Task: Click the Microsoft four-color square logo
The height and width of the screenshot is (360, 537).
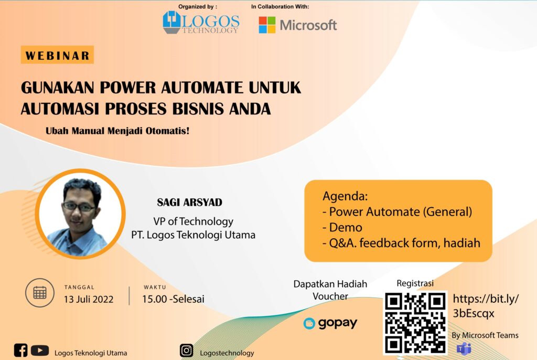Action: point(267,25)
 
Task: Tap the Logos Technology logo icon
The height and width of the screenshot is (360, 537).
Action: point(171,22)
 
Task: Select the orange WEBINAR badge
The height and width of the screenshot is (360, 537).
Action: point(57,55)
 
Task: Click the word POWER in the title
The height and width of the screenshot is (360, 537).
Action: point(128,88)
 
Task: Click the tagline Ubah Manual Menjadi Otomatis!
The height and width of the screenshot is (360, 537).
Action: point(117,131)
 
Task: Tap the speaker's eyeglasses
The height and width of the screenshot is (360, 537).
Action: point(79,206)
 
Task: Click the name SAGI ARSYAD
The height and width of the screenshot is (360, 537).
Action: point(189,202)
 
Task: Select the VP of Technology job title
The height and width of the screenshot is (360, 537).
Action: point(193,221)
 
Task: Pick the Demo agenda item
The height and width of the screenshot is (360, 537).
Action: point(342,227)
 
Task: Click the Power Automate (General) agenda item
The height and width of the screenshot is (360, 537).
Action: point(398,211)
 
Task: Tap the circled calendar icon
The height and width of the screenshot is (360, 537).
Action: point(40,292)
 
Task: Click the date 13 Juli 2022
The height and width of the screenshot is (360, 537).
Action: point(88,299)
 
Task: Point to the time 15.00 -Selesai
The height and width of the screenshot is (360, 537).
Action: point(173,299)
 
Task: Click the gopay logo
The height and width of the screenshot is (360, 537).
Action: point(330,323)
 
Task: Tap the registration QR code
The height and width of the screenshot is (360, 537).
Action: point(415,323)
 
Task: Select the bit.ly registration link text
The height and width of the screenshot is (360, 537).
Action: point(486,306)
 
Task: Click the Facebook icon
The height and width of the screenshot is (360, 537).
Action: point(20,350)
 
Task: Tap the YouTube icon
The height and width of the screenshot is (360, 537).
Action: point(40,351)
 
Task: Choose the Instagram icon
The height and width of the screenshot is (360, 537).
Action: point(186,351)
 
